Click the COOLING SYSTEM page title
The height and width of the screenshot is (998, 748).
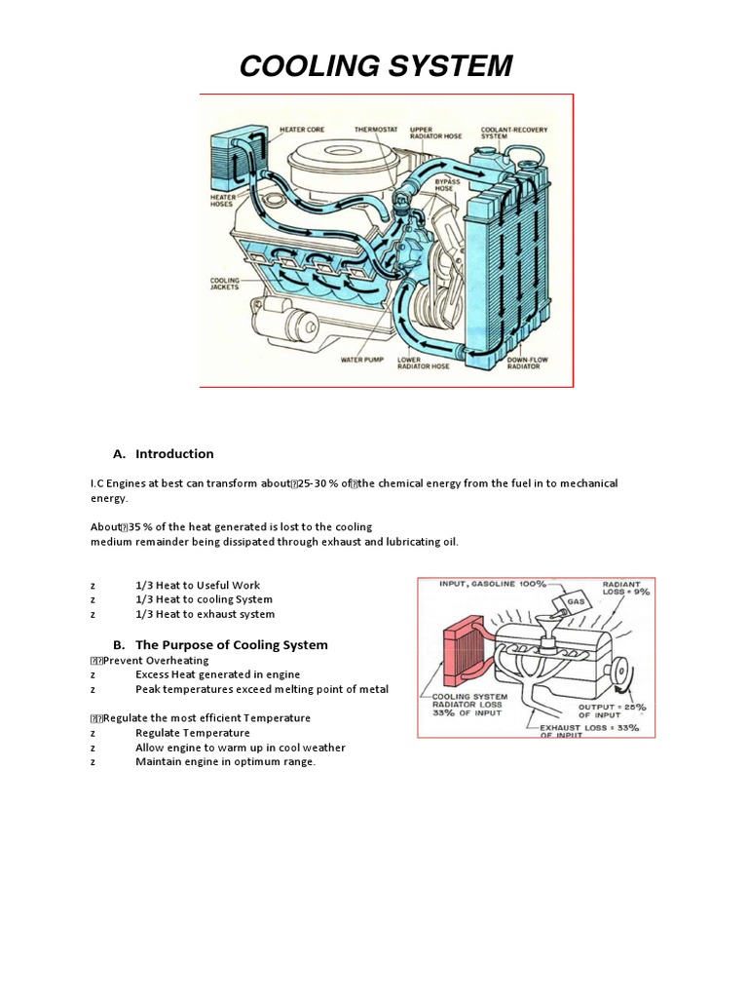tap(375, 66)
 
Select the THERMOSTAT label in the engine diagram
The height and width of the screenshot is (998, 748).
tap(374, 129)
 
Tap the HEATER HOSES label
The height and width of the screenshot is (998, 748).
tap(224, 199)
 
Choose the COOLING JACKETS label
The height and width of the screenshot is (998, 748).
tap(224, 284)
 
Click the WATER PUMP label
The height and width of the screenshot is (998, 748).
tap(361, 359)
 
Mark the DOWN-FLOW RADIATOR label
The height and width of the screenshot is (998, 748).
tap(528, 363)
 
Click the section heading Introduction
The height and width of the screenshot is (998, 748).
tap(174, 454)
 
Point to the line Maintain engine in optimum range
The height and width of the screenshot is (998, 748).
tap(225, 762)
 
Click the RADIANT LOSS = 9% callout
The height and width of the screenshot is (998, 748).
tap(625, 588)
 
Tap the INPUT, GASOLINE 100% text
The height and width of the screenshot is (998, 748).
tap(491, 585)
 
